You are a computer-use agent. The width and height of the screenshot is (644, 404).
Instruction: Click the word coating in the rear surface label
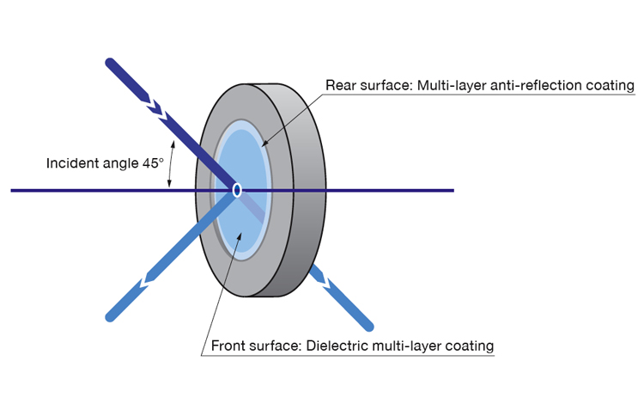click(x=611, y=86)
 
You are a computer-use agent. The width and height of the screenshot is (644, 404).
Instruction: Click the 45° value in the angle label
click(x=153, y=163)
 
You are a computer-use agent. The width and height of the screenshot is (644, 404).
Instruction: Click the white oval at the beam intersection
click(x=237, y=190)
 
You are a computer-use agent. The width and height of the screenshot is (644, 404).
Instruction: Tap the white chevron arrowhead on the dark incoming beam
click(x=155, y=108)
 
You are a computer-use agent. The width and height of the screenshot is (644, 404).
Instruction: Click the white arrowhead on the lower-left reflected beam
click(x=147, y=280)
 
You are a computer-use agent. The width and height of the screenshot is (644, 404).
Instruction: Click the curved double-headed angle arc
click(x=171, y=164)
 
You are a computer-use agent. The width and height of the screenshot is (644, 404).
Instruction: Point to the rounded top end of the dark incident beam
click(x=111, y=63)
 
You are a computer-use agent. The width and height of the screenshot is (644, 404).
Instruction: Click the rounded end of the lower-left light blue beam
click(x=110, y=316)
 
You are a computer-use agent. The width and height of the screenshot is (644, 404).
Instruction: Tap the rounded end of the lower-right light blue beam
click(x=368, y=327)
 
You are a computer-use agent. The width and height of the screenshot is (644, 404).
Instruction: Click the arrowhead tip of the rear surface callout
click(x=263, y=146)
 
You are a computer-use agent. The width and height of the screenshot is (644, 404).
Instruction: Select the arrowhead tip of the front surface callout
click(x=240, y=232)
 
